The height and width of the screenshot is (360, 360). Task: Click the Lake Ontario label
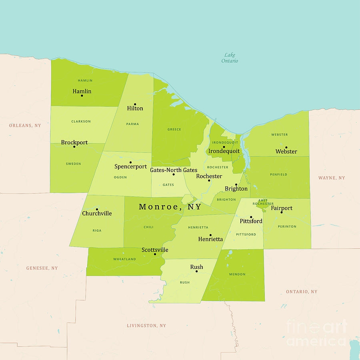[x=230, y=58]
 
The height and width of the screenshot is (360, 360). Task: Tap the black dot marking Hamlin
[x=82, y=96]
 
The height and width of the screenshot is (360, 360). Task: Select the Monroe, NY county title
[x=170, y=207]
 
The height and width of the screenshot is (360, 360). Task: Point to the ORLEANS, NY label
[x=25, y=126]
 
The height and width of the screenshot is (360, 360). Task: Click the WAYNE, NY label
[x=332, y=178]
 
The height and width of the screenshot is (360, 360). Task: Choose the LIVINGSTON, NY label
[x=146, y=326]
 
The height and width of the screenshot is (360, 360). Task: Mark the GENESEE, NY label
[x=42, y=268]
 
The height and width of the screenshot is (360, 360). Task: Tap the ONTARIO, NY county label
[x=302, y=292]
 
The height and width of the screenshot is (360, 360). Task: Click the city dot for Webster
[x=286, y=147]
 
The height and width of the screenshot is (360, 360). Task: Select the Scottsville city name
[x=155, y=250]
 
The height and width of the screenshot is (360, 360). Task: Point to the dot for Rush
[x=196, y=271]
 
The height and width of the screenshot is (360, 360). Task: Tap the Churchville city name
[x=97, y=214]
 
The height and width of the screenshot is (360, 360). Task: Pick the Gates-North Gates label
[x=174, y=170]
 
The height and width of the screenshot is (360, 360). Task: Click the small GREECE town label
[x=174, y=129]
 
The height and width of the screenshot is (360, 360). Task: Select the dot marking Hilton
[x=135, y=104]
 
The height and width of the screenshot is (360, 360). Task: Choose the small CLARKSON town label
[x=81, y=121]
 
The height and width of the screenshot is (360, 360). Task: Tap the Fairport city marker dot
[x=282, y=212]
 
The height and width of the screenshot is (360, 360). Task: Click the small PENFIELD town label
[x=278, y=174]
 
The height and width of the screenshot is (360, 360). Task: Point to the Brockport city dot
[x=74, y=146]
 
